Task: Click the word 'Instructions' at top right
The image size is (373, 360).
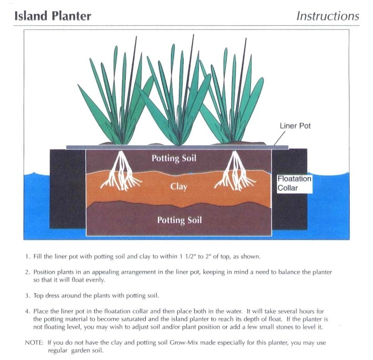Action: tap(328, 16)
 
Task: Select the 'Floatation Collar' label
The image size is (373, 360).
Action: tap(294, 183)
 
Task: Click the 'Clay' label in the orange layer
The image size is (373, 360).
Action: tap(179, 186)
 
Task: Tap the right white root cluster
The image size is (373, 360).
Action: tap(235, 171)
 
